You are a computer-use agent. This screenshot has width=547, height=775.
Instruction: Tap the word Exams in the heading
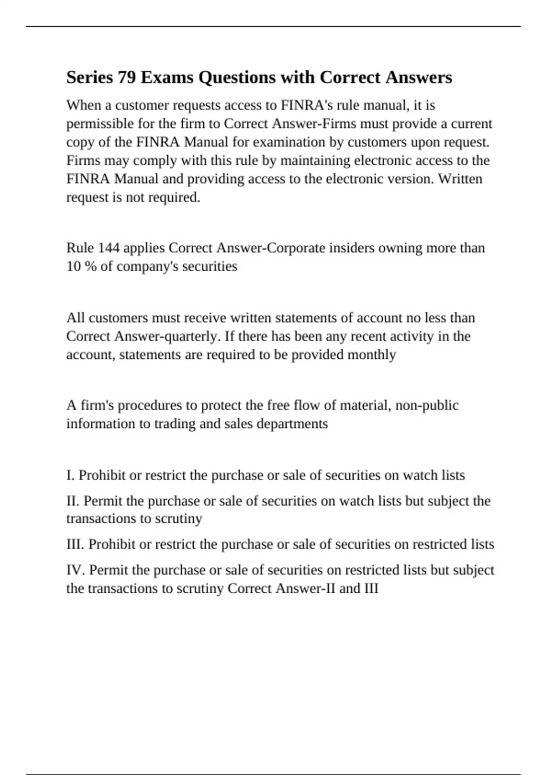click(167, 77)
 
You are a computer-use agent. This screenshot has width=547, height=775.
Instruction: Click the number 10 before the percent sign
click(73, 266)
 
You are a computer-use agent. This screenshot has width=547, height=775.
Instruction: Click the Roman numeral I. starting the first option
click(70, 475)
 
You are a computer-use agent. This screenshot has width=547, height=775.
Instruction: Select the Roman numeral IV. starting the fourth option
click(76, 570)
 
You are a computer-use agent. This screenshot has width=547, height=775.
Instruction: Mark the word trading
click(175, 424)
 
